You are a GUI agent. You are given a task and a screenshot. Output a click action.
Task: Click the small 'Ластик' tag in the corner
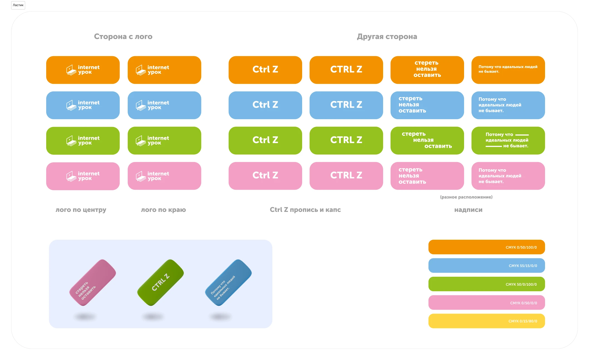(x=18, y=5)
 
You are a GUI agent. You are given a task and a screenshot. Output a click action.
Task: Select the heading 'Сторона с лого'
(x=123, y=36)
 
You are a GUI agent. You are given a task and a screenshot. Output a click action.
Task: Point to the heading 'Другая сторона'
(x=387, y=36)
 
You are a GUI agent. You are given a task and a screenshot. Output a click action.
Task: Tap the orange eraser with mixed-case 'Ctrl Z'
(x=265, y=70)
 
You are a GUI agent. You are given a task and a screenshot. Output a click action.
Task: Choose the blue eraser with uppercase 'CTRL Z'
(x=346, y=105)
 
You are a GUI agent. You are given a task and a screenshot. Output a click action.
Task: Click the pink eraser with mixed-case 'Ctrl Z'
(x=265, y=176)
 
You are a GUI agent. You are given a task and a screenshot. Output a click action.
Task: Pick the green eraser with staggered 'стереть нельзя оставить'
(x=427, y=141)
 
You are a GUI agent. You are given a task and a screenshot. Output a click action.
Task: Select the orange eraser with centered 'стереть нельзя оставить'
(x=427, y=70)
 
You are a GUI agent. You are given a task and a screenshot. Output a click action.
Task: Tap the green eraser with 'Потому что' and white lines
(x=508, y=141)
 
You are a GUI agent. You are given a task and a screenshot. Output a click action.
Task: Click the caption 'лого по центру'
(x=81, y=210)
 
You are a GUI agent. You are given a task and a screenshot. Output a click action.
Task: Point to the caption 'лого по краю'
(x=163, y=210)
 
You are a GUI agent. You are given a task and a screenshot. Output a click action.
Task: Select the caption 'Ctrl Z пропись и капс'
(x=305, y=210)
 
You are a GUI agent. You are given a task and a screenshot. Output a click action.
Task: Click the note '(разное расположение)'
(x=466, y=197)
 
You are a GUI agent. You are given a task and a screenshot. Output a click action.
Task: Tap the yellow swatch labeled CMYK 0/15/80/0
(x=487, y=321)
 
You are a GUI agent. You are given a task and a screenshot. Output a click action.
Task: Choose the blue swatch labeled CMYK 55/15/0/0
(x=487, y=266)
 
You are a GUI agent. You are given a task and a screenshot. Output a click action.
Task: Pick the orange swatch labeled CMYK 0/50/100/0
(x=487, y=247)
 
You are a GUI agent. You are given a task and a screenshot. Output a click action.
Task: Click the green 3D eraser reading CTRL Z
(x=161, y=283)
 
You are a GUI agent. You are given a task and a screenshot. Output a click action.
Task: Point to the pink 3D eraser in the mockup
(x=93, y=283)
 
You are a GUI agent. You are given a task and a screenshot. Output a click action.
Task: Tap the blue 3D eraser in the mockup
(x=228, y=283)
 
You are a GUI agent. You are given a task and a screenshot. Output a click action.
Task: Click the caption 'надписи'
(x=468, y=210)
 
